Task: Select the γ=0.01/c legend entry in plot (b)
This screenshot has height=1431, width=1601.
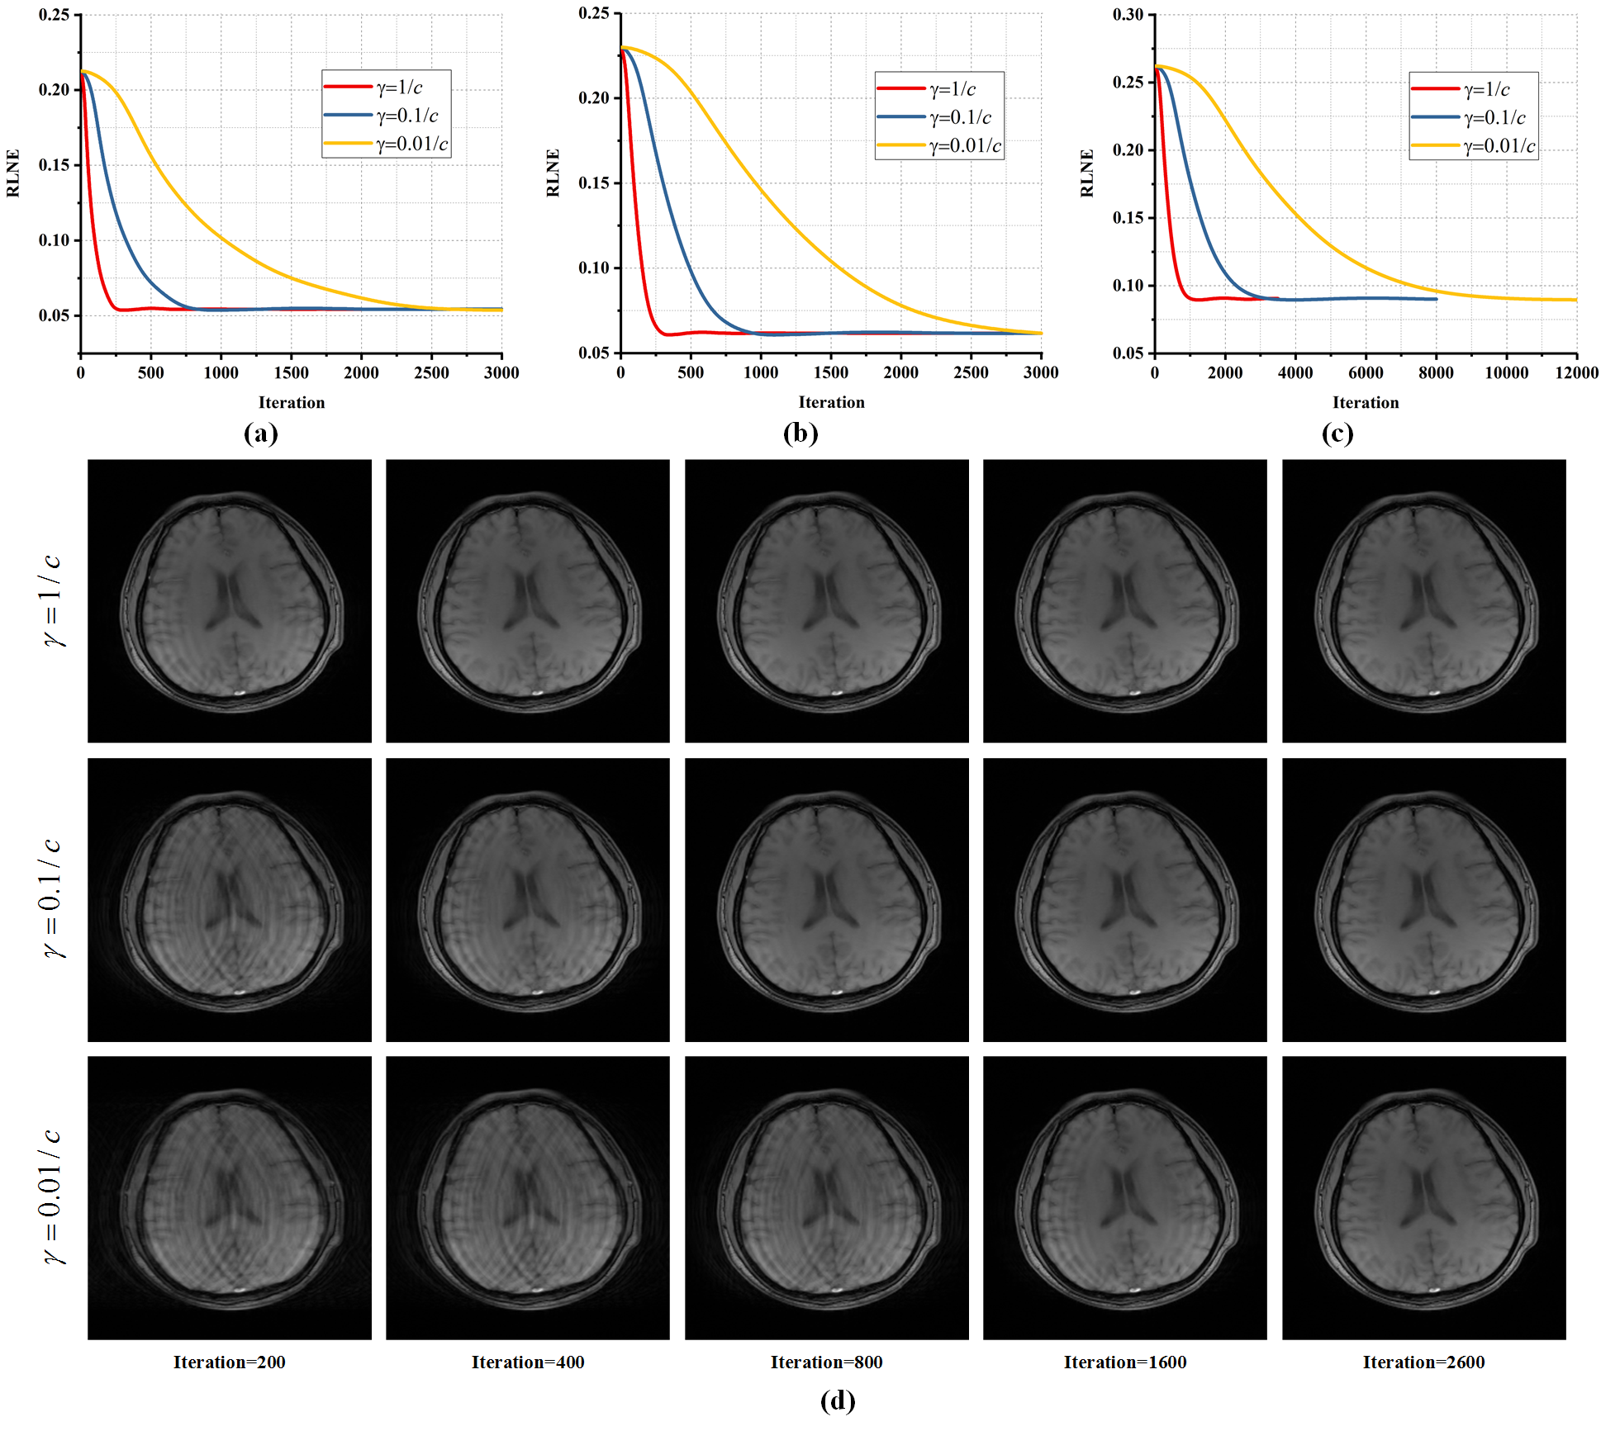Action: pos(964,146)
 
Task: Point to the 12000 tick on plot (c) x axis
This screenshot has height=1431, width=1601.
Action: pos(1576,372)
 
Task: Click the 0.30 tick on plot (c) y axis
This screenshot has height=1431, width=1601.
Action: pos(1128,15)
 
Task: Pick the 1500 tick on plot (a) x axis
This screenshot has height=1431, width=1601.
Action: pos(291,372)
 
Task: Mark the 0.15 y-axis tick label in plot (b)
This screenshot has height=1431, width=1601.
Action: pos(593,182)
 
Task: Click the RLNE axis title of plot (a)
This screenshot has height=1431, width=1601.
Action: pos(13,173)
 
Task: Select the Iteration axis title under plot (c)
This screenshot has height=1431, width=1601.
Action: pos(1366,402)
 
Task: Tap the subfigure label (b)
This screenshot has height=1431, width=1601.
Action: pos(800,434)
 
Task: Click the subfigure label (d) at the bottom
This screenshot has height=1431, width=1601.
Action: pos(837,1400)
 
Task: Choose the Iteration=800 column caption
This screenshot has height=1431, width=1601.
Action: pos(826,1362)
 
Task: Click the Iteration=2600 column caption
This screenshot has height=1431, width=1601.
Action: pos(1423,1362)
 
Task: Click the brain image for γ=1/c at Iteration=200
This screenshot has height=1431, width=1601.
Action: pos(230,600)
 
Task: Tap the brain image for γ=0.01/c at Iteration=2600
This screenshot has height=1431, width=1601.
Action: pos(1423,1197)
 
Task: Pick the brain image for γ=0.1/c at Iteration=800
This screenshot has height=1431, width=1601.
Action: pos(826,899)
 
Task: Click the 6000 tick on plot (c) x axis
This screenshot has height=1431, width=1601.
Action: pos(1366,372)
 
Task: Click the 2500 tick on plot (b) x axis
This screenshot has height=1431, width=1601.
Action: pos(971,372)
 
